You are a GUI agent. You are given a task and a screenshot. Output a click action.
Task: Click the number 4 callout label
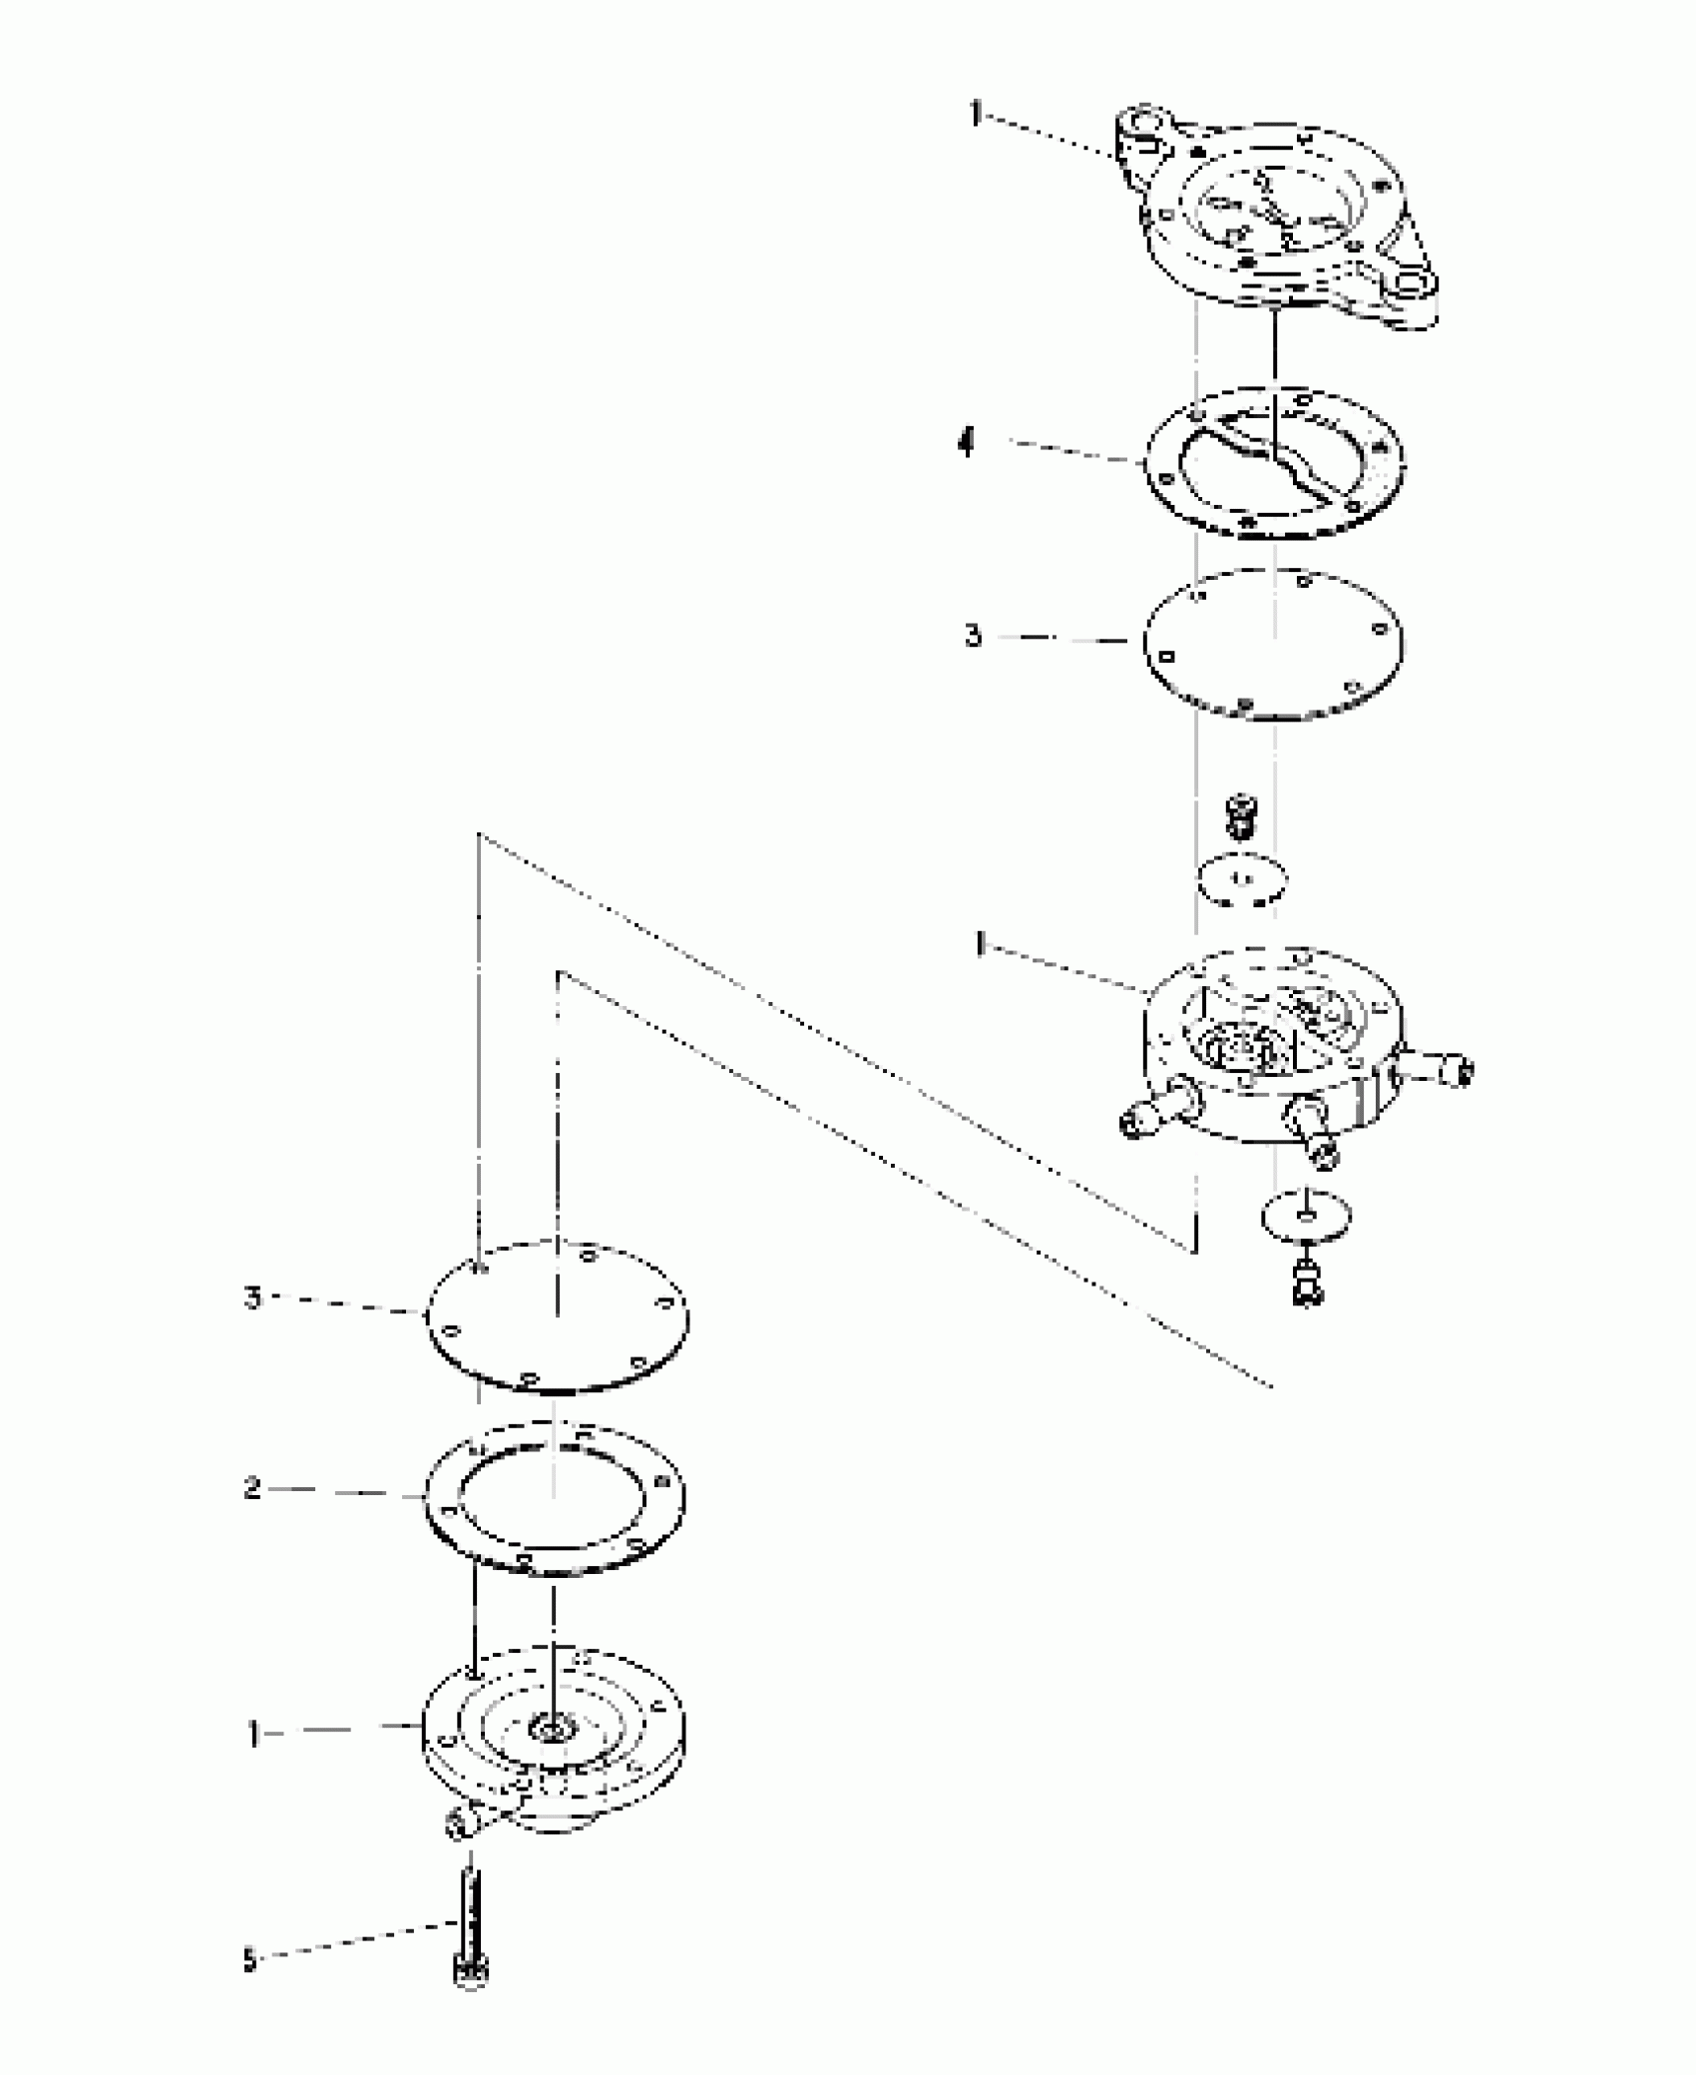tap(966, 441)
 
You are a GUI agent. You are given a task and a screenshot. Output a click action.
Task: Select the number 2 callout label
tap(252, 1517)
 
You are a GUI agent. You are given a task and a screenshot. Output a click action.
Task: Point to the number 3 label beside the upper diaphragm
tap(974, 636)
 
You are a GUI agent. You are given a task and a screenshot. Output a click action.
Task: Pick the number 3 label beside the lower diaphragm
tap(252, 1298)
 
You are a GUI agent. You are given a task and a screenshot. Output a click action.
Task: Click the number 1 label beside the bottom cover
tap(253, 1735)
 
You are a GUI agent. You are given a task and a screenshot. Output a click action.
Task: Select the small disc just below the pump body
tap(1306, 1214)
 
